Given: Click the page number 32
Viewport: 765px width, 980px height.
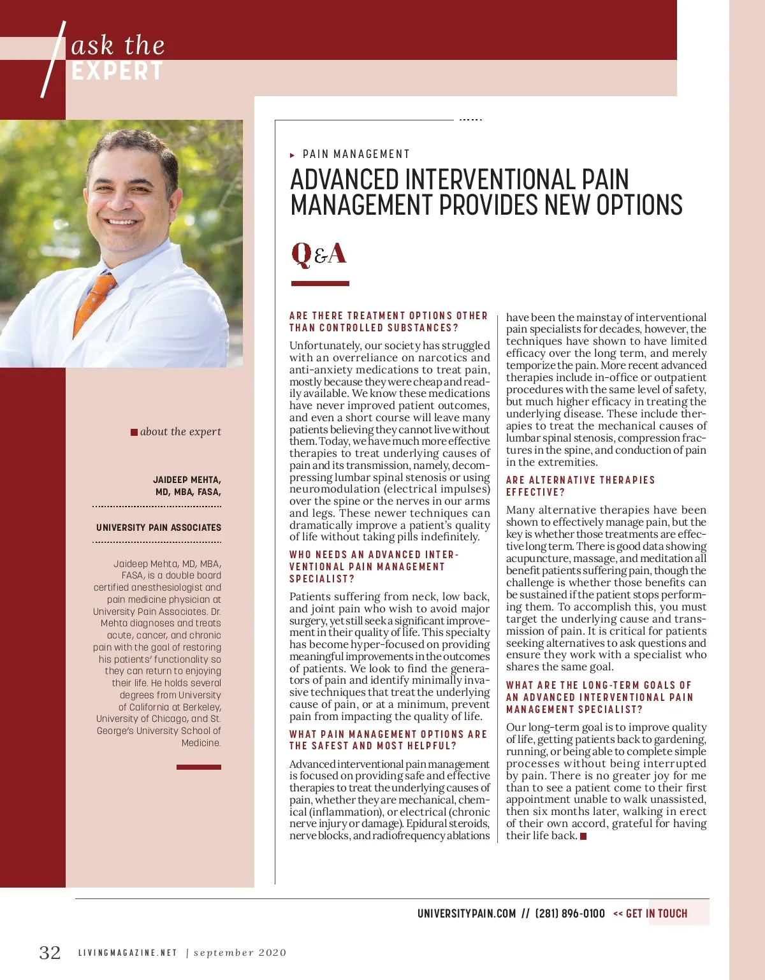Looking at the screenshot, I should click(50, 952).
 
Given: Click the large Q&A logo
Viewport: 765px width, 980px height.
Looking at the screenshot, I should click(319, 254).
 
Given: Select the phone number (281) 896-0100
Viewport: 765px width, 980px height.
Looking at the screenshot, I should click(570, 913).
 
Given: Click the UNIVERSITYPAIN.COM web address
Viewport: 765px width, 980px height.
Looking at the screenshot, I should click(467, 913).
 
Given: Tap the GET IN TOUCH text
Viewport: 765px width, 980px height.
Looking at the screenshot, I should click(656, 913).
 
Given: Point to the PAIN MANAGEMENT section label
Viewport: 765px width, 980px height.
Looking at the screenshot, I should click(356, 154).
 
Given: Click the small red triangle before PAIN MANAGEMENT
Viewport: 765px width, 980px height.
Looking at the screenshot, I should click(292, 155).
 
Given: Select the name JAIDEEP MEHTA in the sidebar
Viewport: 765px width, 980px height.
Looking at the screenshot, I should click(187, 480).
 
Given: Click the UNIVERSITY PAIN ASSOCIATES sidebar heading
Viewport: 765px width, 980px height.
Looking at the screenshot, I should click(159, 528).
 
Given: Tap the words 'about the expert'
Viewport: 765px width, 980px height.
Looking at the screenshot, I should click(180, 431).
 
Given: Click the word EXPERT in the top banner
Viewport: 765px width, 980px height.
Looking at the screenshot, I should click(117, 71).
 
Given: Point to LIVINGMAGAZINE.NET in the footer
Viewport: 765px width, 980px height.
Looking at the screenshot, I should click(127, 953).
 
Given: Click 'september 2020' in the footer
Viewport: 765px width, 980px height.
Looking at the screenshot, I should click(240, 953).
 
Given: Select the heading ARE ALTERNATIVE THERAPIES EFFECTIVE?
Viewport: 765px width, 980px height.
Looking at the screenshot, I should click(580, 486).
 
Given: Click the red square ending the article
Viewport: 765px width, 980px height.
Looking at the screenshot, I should click(583, 836).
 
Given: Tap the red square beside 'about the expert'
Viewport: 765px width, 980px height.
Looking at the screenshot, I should click(134, 432).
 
